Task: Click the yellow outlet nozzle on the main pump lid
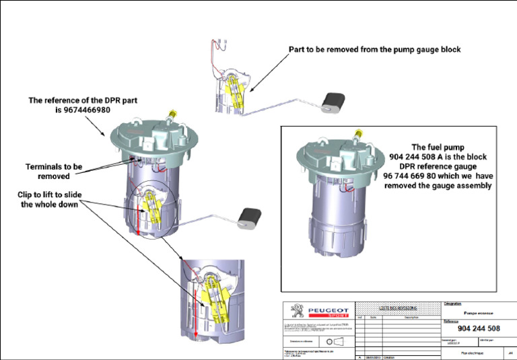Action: (173, 114)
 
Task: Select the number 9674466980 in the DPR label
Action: (82, 110)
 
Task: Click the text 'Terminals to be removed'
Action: (54, 171)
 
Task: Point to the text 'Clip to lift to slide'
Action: (51, 194)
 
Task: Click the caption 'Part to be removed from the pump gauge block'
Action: (375, 50)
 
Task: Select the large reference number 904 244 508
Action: (479, 328)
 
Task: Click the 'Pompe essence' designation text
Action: (479, 312)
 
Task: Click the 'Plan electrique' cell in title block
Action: (474, 351)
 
